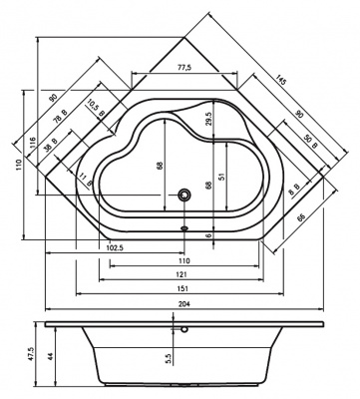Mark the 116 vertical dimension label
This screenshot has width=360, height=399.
coord(32,146)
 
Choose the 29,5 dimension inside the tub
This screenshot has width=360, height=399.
coord(208,118)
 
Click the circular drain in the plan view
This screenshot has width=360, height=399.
coord(182,196)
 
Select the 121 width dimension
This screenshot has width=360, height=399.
coord(182,273)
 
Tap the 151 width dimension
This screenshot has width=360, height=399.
coord(182,290)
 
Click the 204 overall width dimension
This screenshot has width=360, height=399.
coord(182,309)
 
